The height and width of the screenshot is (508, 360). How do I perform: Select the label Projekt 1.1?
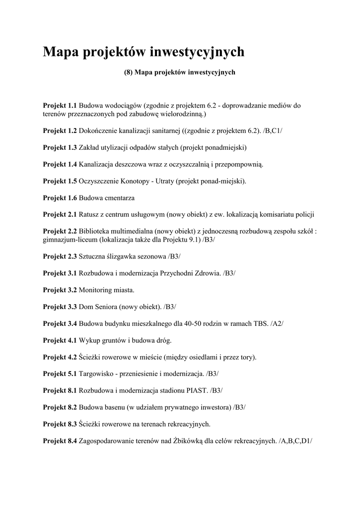[60, 105]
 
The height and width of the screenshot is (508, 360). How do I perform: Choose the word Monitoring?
[97, 290]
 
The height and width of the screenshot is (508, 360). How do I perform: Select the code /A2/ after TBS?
[277, 323]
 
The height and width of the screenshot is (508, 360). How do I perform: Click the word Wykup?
[90, 340]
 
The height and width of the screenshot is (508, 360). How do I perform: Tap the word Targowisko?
[98, 374]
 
